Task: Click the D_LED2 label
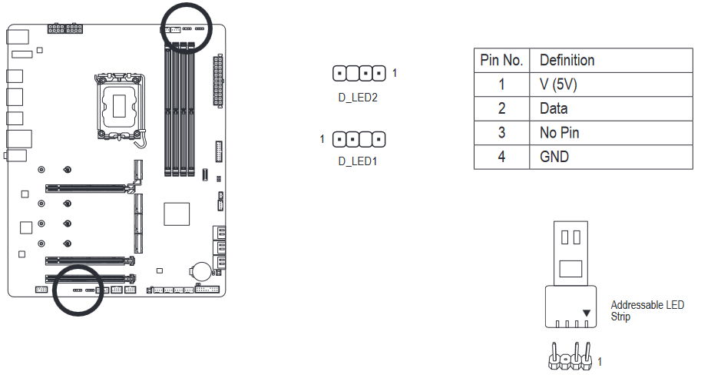coord(358,98)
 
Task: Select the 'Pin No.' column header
coord(501,60)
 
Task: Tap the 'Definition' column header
coord(567,60)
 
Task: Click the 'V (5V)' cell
coord(558,85)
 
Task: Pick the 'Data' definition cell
coord(554,108)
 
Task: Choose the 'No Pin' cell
coord(559,133)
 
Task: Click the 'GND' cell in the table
coord(554,157)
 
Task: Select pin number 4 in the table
coord(501,157)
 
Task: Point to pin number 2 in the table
coord(501,108)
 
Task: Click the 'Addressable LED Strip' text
coord(646,310)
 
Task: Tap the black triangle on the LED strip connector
coord(587,313)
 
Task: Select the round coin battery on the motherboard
coord(201,270)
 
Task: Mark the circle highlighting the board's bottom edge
coord(78,290)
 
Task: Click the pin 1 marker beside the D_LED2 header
coord(395,74)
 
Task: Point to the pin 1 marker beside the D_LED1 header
coord(323,139)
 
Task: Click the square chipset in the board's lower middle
coord(177,214)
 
